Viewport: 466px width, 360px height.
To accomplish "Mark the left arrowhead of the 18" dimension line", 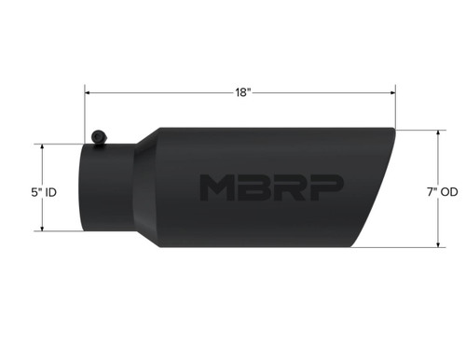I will point(89,91).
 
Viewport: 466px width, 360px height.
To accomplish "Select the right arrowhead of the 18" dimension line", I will point(392,91).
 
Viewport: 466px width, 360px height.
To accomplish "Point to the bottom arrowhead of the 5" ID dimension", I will point(42,230).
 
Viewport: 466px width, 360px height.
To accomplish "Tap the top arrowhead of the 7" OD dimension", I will point(437,132).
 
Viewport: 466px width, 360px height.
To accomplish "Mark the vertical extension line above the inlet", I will point(86,112).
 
